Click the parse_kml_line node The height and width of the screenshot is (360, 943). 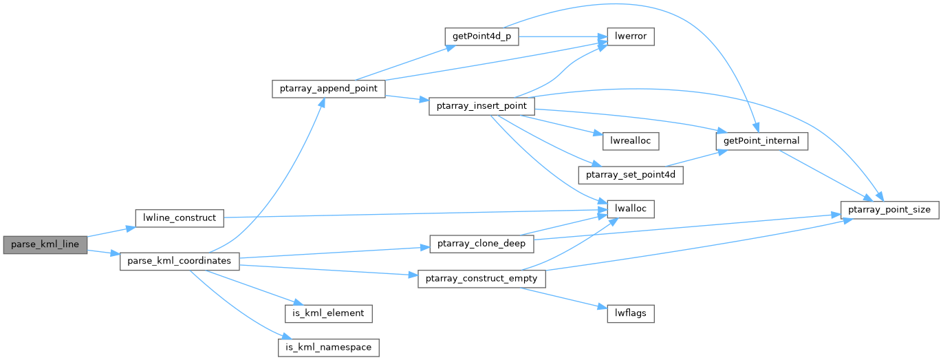click(45, 244)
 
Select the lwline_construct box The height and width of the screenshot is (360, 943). click(180, 218)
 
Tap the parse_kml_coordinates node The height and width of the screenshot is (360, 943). click(180, 262)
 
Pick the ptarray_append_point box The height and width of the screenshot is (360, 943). click(328, 89)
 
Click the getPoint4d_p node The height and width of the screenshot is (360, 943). click(481, 36)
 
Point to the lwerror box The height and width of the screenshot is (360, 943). click(631, 36)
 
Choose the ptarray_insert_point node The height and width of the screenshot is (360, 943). click(481, 106)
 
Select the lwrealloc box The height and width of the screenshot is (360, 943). click(631, 141)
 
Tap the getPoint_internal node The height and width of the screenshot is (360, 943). click(761, 141)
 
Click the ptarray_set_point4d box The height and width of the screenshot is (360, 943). click(631, 175)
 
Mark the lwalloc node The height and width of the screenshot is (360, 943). click(631, 209)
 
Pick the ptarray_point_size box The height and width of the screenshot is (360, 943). click(889, 210)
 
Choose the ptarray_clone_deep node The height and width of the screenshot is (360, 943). click(481, 244)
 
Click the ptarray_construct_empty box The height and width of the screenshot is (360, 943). click(481, 279)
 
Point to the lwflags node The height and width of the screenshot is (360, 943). click(631, 314)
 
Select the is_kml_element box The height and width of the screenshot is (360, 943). click(328, 314)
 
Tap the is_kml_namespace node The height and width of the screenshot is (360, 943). click(328, 348)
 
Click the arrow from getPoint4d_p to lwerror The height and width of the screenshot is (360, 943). click(563, 36)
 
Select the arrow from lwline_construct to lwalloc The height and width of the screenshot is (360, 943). click(415, 213)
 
